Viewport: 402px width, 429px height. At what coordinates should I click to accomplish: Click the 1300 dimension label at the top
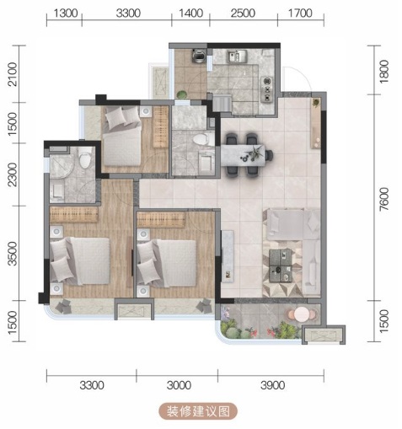point(65,13)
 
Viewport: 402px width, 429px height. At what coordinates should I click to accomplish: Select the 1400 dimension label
point(190,13)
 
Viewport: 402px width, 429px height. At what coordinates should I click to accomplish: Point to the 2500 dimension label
point(243,13)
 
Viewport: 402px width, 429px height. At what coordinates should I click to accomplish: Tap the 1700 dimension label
point(300,13)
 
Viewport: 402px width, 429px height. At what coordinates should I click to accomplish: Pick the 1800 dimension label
point(383,72)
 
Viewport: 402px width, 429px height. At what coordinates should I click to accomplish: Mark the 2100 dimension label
point(13,74)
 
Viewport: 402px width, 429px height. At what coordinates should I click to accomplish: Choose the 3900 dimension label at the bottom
point(272,385)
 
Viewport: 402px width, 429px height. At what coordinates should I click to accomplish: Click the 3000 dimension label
point(179,385)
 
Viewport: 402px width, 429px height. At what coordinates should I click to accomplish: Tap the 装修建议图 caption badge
point(198,411)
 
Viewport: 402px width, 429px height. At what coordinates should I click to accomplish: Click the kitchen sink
point(237,56)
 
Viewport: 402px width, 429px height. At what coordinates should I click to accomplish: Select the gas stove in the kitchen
point(267,89)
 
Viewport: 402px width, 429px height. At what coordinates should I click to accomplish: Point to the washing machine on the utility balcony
point(199,56)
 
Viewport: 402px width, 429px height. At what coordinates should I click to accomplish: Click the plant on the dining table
point(254,153)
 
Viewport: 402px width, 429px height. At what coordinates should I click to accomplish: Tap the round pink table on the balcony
point(302,314)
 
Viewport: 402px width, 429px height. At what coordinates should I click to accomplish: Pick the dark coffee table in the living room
point(281,265)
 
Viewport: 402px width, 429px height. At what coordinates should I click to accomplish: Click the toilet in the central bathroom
point(203,140)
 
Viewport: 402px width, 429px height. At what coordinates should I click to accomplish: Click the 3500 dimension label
point(13,254)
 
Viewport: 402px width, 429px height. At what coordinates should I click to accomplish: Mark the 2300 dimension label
point(13,174)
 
